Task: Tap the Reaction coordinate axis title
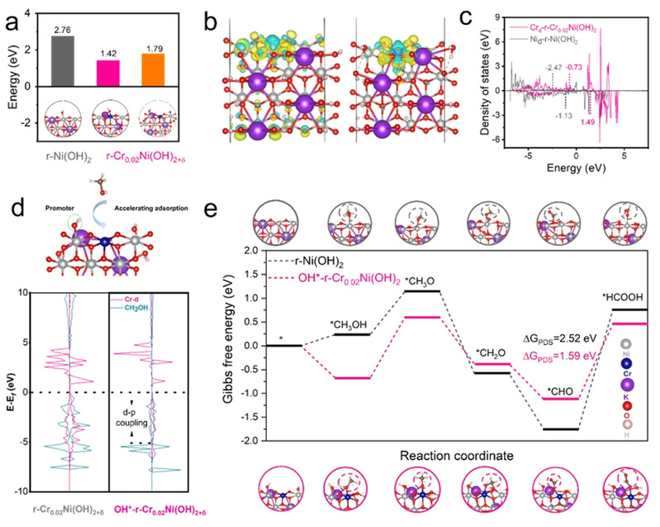439,456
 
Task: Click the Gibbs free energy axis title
231,345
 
